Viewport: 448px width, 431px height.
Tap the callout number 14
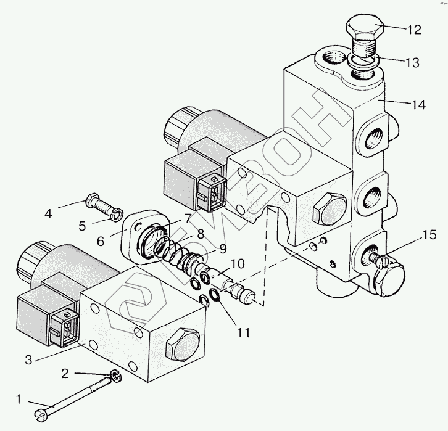pos(418,105)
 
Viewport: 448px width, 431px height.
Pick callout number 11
pos(244,333)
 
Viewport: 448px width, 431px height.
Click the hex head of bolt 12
pos(365,28)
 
